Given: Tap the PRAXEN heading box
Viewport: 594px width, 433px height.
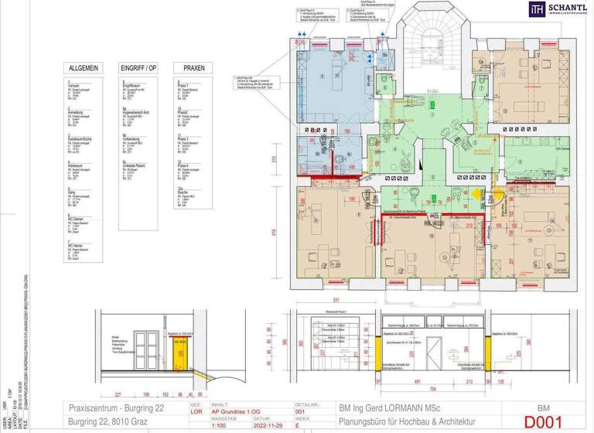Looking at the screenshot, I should [x=188, y=68].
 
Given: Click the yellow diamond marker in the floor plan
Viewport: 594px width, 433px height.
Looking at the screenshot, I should [x=476, y=196].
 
